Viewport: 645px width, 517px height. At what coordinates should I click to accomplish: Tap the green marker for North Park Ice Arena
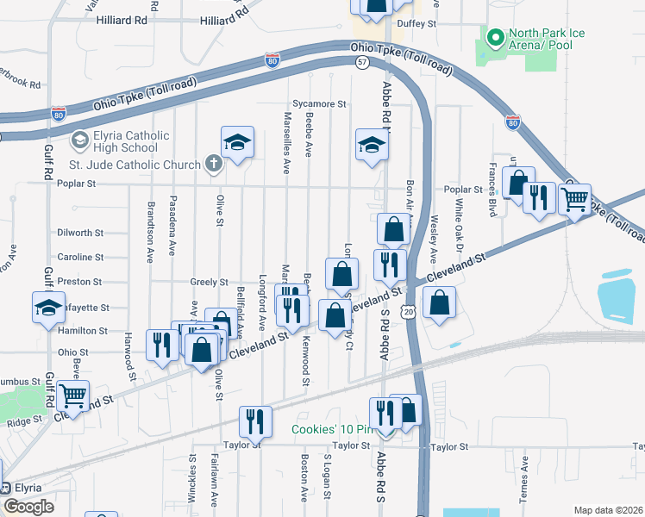[495, 37]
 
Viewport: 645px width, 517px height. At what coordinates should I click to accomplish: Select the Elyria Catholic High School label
[114, 142]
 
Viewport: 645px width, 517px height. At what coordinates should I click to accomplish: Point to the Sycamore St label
[318, 103]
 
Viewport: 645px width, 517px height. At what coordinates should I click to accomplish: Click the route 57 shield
[362, 63]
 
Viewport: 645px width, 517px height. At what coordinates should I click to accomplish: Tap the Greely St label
[209, 282]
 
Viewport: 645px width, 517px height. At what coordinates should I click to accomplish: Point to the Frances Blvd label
[492, 200]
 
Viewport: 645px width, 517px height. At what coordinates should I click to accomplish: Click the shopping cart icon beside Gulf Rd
[73, 396]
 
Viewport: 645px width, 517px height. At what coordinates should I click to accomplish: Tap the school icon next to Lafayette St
[49, 306]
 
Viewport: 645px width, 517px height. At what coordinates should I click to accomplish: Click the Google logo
[28, 506]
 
